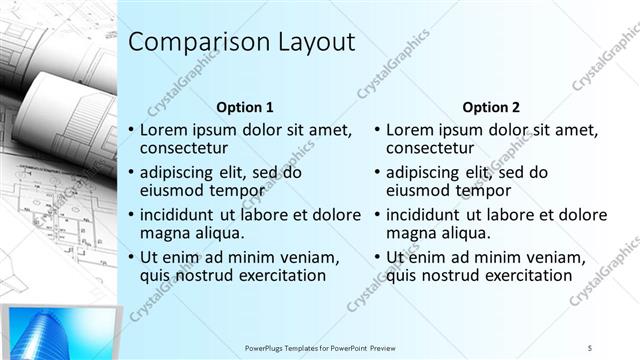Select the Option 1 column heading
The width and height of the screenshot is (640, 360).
pyautogui.click(x=244, y=106)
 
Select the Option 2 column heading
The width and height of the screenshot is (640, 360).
pyautogui.click(x=490, y=106)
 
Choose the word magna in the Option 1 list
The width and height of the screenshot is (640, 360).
pyautogui.click(x=163, y=233)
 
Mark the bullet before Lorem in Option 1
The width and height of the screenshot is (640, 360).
pyautogui.click(x=130, y=130)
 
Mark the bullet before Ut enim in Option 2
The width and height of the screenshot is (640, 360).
pyautogui.click(x=376, y=257)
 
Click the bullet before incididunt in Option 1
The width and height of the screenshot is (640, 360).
pyautogui.click(x=130, y=214)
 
